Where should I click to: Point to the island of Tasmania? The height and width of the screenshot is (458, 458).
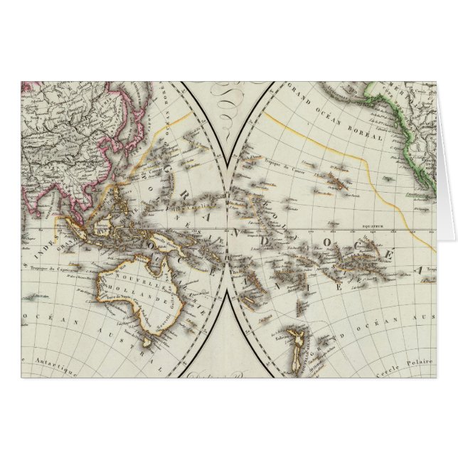pyautogui.click(x=147, y=344)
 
